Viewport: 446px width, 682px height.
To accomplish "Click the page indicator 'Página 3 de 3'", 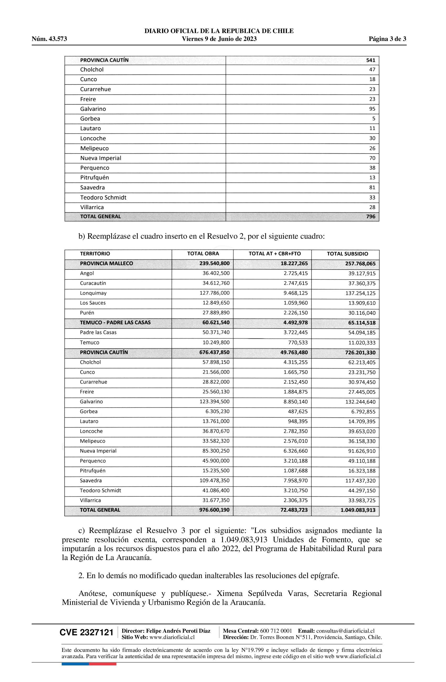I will [387, 39].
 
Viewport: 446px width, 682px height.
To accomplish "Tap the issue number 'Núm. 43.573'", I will [49, 39].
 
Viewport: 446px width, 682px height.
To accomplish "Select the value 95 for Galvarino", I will [372, 109].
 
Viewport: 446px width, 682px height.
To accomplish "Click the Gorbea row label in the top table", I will [90, 119].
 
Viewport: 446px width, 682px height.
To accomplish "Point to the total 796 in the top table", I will [371, 217].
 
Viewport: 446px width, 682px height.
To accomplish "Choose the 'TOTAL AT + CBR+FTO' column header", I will [275, 254].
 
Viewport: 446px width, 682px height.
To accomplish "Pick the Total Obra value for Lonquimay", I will [214, 293].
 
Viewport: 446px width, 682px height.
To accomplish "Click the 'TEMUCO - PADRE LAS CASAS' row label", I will [115, 323].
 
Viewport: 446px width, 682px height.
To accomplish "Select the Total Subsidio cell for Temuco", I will [362, 343].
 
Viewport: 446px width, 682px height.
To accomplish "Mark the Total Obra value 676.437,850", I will [214, 353].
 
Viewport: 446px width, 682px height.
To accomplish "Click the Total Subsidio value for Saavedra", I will [360, 481].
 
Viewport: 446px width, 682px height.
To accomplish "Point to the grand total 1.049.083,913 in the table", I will [358, 510].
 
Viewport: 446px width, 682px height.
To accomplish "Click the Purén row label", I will [87, 313].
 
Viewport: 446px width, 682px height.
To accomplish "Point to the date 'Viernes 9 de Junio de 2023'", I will [219, 39].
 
